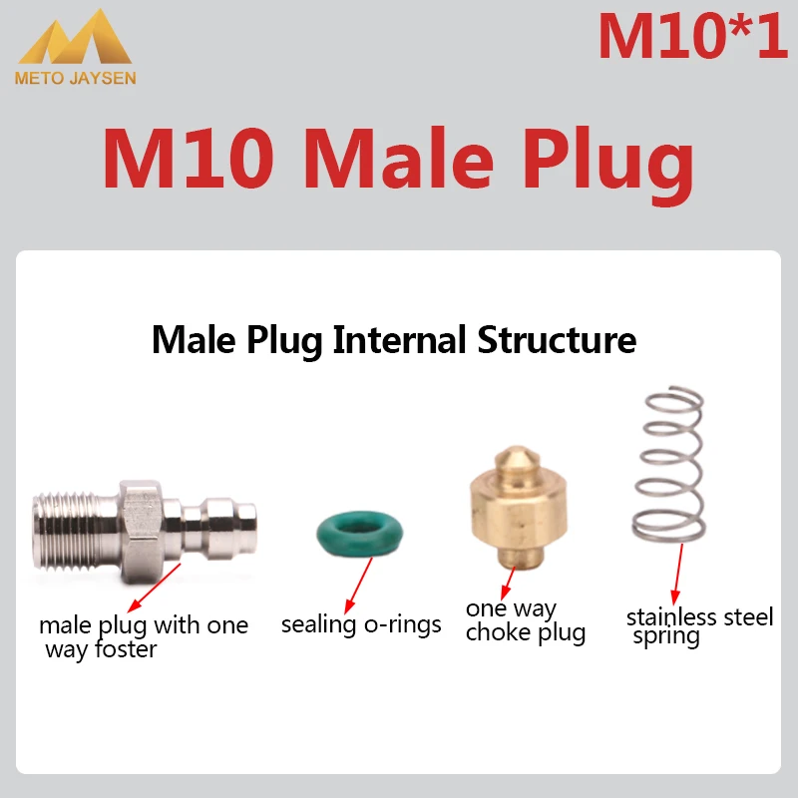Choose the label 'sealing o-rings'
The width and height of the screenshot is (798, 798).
(361, 625)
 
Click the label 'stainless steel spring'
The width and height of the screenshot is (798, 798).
(698, 626)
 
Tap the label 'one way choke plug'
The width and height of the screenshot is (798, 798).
(525, 620)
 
